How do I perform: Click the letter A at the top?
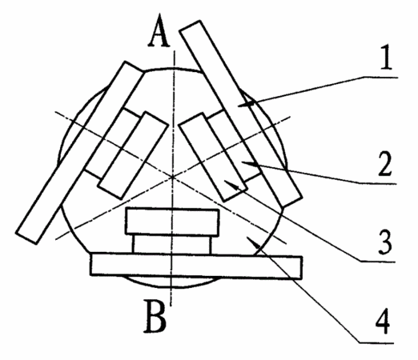(159, 30)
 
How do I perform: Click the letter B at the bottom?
(155, 316)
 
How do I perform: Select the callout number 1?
(386, 57)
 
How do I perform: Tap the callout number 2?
(385, 163)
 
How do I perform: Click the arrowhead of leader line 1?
(246, 104)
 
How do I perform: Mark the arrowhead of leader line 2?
(250, 164)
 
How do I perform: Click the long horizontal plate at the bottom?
(196, 266)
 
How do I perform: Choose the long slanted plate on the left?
(80, 153)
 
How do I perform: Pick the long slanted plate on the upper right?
(241, 114)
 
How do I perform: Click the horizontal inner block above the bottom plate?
(172, 222)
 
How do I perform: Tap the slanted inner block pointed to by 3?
(213, 157)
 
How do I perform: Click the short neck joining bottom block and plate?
(172, 245)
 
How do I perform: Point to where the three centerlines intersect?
(173, 176)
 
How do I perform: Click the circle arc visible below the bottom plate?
(171, 283)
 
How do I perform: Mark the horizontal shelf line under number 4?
(376, 342)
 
